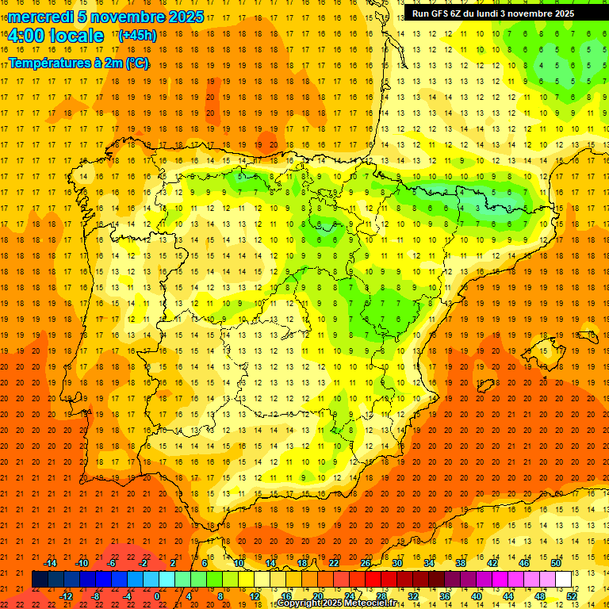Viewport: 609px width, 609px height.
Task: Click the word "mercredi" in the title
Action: click(41, 17)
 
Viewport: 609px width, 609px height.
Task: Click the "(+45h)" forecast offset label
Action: click(137, 35)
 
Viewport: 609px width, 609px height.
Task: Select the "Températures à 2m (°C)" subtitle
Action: click(79, 63)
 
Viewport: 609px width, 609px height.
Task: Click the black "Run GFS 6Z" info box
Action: click(493, 13)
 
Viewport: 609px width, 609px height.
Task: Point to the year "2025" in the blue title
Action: click(186, 17)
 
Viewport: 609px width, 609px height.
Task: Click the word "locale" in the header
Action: click(75, 36)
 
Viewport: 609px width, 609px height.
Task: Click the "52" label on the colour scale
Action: click(572, 596)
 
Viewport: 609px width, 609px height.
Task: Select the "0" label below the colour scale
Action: click(158, 596)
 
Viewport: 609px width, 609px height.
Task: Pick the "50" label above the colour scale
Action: click(556, 563)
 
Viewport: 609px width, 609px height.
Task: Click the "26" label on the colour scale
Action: click(366, 563)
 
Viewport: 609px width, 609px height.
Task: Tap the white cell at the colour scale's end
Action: click(563, 579)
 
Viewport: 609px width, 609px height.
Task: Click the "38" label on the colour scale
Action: click(461, 563)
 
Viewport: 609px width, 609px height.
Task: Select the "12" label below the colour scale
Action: click(255, 596)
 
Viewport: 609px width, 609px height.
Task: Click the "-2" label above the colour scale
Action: click(144, 563)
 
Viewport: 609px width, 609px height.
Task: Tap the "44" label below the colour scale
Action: click(508, 596)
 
